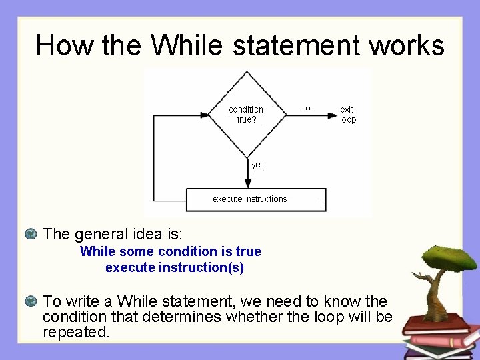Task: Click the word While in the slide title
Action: tap(187, 45)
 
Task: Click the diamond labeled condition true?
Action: tap(246, 114)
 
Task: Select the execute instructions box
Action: tap(255, 199)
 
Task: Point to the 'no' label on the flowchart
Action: tap(306, 108)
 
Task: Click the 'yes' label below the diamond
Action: tap(257, 165)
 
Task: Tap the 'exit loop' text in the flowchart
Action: tap(348, 115)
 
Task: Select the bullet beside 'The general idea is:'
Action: tap(29, 234)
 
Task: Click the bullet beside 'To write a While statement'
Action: tap(29, 302)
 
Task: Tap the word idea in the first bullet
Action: tap(137, 234)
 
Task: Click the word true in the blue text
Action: tap(248, 252)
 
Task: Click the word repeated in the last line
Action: tap(75, 332)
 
